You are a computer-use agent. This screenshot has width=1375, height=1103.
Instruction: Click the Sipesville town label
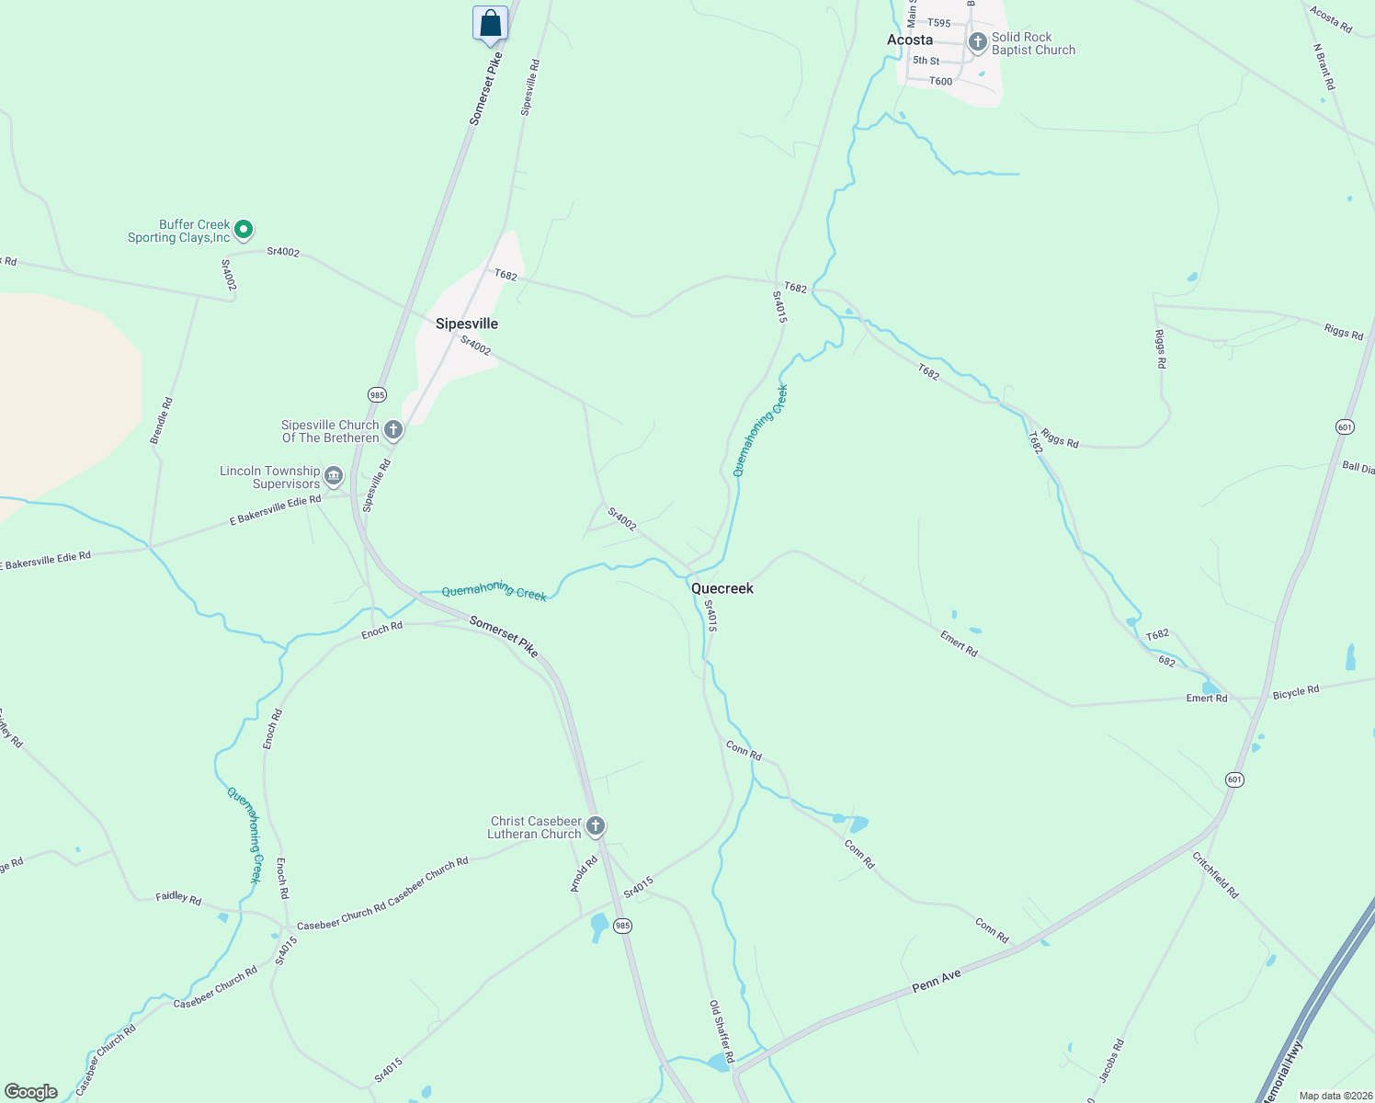[467, 324]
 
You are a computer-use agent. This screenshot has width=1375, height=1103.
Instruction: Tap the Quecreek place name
[722, 588]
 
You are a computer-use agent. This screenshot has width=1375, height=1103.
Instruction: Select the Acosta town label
[910, 40]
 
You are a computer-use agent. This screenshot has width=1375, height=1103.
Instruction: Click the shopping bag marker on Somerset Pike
[490, 23]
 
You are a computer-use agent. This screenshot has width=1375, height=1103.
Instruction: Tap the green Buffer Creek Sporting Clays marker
[244, 229]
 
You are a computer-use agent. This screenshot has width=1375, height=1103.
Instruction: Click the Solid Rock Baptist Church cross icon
[977, 42]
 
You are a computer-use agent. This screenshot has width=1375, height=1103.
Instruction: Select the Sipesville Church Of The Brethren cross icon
[393, 429]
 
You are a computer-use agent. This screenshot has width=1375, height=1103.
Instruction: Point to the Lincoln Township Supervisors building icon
[334, 475]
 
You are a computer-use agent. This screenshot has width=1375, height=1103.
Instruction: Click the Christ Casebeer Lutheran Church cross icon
[596, 825]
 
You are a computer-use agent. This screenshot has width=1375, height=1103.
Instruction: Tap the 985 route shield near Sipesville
[377, 394]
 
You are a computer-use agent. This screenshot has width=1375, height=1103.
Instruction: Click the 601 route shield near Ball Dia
[1345, 426]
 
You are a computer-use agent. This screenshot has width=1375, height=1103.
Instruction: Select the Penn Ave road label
[937, 981]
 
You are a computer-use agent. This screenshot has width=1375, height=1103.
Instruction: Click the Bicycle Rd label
[1296, 691]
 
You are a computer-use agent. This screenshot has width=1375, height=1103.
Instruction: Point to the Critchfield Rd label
[1215, 875]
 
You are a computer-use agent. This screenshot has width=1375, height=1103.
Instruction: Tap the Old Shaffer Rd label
[722, 1031]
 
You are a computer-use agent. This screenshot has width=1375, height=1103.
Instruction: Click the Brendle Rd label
[162, 421]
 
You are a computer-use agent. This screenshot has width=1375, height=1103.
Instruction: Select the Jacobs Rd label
[1111, 1059]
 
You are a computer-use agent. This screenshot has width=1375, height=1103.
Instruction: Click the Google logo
[30, 1092]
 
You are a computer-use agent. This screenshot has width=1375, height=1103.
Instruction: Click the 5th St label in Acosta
[926, 61]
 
